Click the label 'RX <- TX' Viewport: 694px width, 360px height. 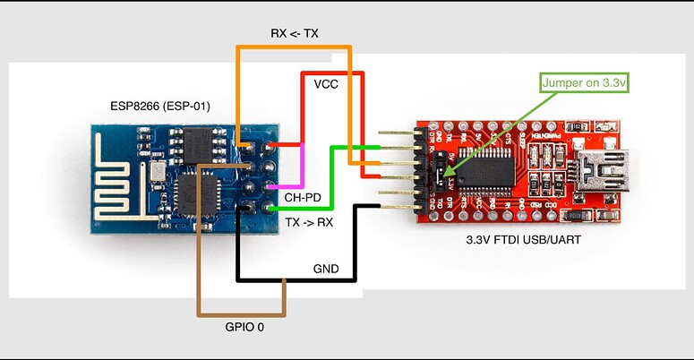click(295, 33)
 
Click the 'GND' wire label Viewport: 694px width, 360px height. click(326, 268)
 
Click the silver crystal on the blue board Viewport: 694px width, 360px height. click(158, 169)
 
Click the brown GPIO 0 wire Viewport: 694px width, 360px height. click(199, 269)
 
